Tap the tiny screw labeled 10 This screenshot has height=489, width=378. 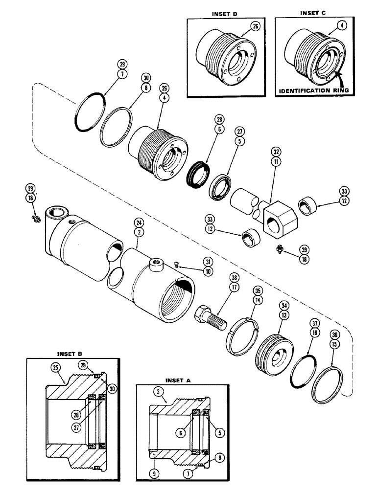[176, 265]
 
